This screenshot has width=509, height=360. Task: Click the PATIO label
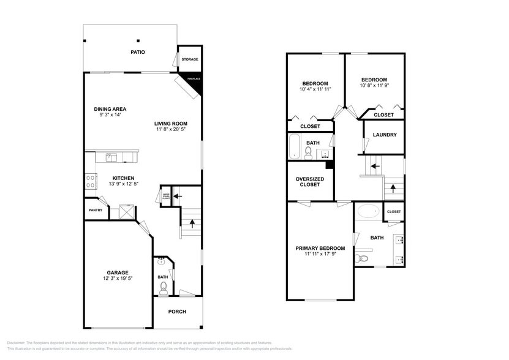coord(138,53)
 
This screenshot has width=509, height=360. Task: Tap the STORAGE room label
coord(189,59)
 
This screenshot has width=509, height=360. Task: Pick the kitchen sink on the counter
coord(111,157)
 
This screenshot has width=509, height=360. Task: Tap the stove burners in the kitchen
coord(90,181)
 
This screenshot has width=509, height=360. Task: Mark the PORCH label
coord(177,312)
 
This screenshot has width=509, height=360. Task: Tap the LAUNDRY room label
coord(385,135)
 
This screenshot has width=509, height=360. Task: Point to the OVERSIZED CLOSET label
coord(310,182)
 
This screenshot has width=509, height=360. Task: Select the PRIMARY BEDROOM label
coord(320,248)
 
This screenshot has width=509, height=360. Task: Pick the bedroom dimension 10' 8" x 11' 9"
coord(374,86)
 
